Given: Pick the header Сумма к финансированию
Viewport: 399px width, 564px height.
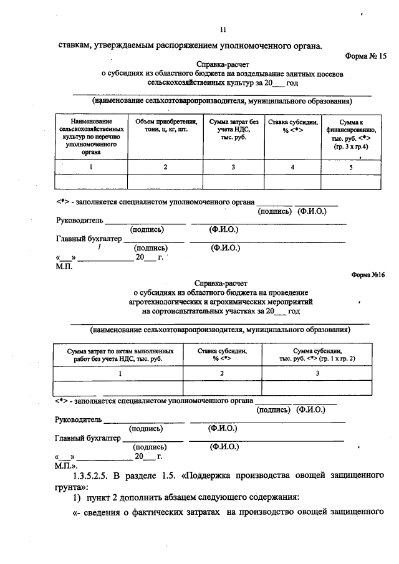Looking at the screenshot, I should [352, 133].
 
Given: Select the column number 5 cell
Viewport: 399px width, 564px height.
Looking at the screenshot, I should [351, 166].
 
